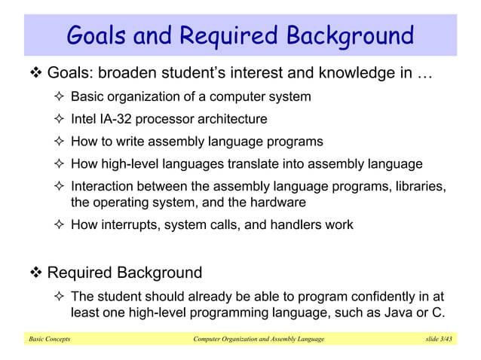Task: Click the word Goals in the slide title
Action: (97, 35)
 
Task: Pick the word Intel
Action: (84, 119)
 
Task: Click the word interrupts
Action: (126, 224)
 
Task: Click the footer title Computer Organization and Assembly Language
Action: (259, 340)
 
